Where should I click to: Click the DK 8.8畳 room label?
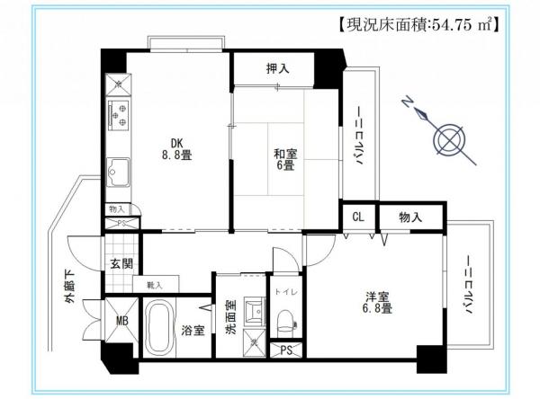click(176, 146)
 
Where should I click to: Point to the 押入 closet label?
click(278, 67)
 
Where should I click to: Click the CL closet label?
click(357, 217)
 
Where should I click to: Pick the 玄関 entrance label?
click(121, 264)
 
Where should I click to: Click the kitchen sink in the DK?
click(118, 169)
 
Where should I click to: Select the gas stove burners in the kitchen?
click(118, 114)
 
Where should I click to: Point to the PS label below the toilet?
click(286, 350)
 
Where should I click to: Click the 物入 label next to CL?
click(409, 217)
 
